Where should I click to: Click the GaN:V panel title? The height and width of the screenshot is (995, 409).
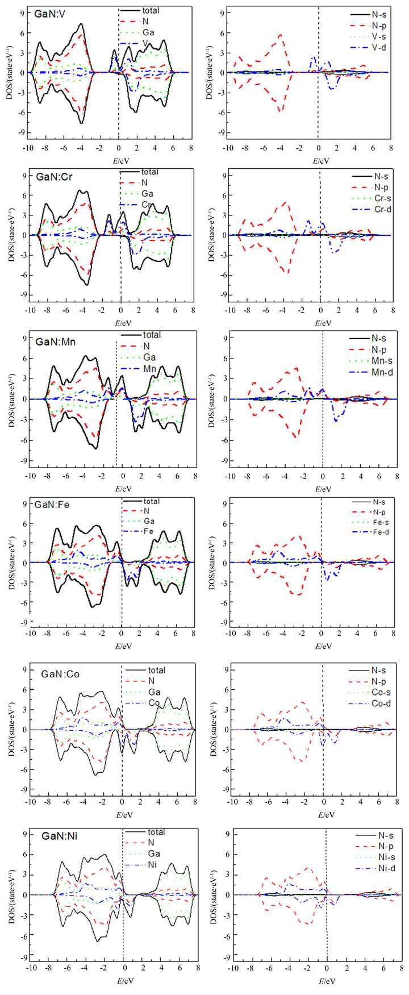click(x=50, y=13)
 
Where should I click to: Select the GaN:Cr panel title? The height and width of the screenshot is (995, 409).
click(x=52, y=177)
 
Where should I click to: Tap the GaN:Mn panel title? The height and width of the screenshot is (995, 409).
click(x=56, y=342)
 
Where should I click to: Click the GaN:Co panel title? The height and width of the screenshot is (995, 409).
click(x=60, y=675)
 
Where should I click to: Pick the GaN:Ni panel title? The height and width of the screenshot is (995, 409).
click(x=56, y=836)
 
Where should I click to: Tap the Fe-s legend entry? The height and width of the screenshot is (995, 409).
click(x=379, y=522)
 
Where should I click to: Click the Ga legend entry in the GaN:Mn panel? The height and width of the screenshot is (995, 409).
click(x=149, y=357)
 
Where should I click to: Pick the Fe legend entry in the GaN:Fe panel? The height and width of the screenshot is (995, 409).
click(x=148, y=531)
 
